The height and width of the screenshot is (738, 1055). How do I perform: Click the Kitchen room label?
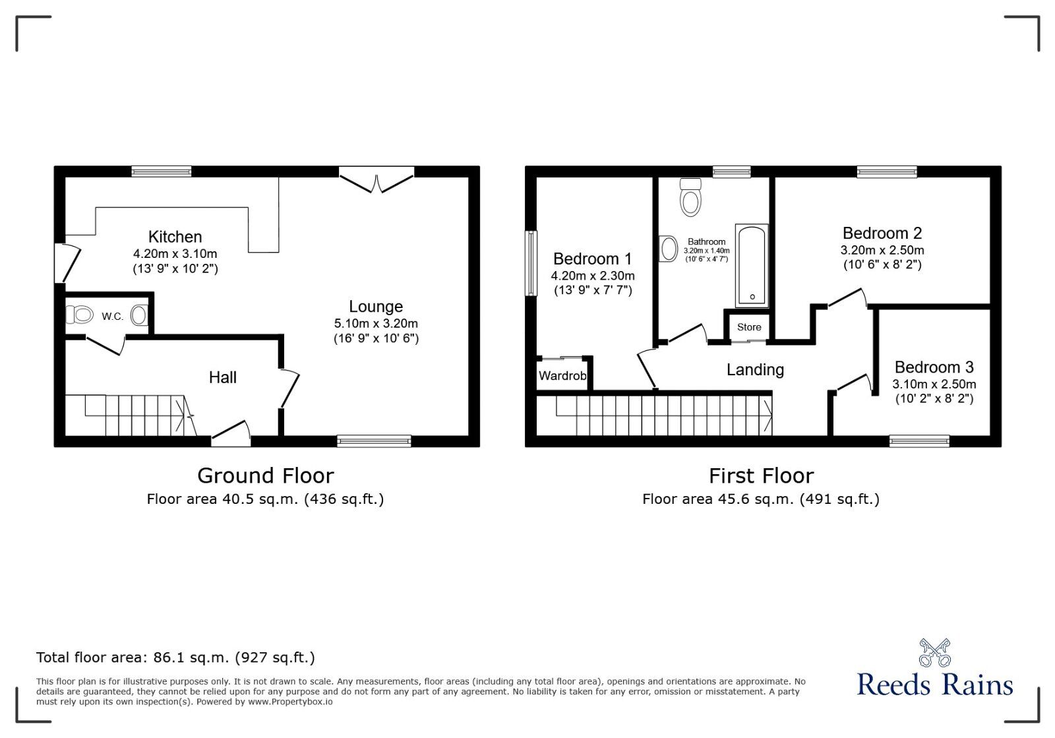click(x=175, y=237)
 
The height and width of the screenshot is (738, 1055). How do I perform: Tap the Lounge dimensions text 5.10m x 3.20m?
click(x=376, y=324)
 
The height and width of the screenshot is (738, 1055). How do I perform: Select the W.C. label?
click(x=112, y=317)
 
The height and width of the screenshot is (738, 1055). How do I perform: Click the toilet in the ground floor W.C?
click(x=81, y=315)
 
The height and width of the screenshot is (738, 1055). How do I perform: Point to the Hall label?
click(x=222, y=377)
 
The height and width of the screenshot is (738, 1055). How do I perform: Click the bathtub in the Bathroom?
click(x=752, y=266)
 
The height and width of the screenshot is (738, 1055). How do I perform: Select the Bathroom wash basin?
click(x=669, y=249)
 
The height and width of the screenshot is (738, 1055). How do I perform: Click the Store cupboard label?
click(x=749, y=327)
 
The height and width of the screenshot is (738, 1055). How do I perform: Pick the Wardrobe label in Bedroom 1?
click(x=562, y=376)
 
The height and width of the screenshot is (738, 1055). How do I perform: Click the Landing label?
click(x=755, y=370)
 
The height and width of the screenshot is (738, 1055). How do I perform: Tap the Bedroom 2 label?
click(x=882, y=233)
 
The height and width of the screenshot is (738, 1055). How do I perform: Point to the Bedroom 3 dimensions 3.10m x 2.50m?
click(x=934, y=384)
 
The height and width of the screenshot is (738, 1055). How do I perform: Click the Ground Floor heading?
click(x=266, y=476)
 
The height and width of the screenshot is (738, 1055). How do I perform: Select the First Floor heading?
click(x=761, y=476)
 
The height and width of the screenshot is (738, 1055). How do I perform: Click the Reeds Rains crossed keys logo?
click(x=934, y=652)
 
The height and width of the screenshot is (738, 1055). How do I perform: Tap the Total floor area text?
click(x=175, y=658)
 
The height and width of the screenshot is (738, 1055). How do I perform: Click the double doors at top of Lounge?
click(x=377, y=179)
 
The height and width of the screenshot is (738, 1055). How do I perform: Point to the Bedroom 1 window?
click(x=530, y=262)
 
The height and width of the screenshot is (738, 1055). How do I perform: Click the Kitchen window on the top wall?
click(x=162, y=171)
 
